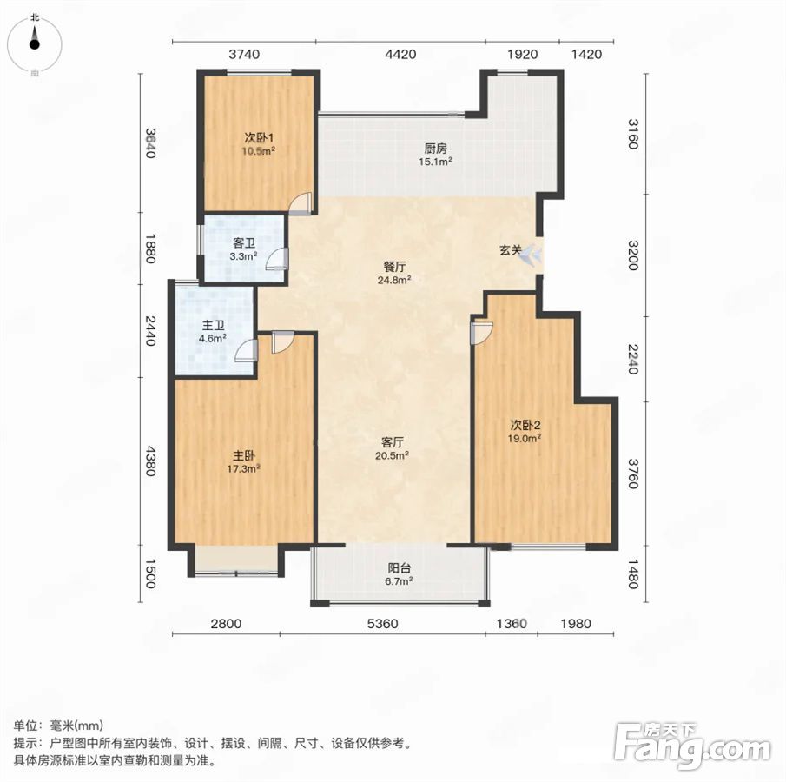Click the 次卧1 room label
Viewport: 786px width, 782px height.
tap(259, 137)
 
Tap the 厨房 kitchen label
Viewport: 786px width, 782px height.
tap(436, 148)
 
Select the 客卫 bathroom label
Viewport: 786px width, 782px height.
tap(244, 242)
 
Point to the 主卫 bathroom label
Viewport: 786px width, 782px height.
tap(213, 325)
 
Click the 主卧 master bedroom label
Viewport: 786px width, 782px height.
tap(244, 455)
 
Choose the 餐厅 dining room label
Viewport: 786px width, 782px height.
tap(394, 267)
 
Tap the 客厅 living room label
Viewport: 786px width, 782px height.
tap(392, 442)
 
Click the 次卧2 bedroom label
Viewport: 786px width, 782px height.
tap(525, 425)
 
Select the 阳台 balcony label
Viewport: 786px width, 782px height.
tap(399, 567)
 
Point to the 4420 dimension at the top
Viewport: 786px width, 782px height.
tap(400, 54)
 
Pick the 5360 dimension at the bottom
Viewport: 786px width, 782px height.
tap(382, 624)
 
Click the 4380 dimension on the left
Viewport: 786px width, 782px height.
tap(150, 461)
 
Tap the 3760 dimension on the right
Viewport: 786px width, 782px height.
tap(633, 473)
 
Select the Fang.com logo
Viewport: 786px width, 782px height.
tap(692, 746)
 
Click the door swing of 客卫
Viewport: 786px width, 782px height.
tap(277, 258)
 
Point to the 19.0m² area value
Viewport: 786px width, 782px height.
tap(525, 439)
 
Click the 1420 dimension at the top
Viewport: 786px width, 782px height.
tap(586, 54)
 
